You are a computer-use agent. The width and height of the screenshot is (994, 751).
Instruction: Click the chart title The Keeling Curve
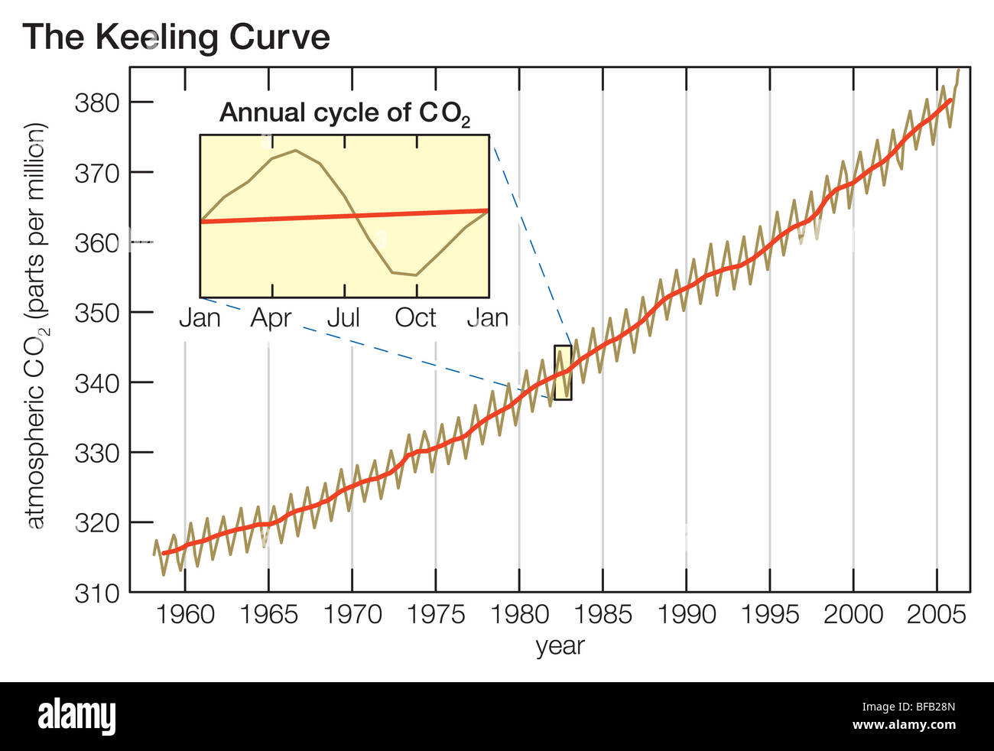(177, 37)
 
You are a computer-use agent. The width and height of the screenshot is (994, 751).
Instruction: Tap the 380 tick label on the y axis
(97, 102)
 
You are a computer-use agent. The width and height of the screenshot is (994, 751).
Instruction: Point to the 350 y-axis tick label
(97, 313)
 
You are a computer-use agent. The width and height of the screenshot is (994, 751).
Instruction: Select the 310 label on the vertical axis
(97, 593)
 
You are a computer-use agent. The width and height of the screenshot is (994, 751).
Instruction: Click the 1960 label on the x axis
(186, 614)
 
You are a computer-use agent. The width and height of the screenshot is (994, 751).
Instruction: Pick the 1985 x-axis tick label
(603, 614)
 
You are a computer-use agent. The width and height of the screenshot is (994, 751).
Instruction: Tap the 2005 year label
(936, 614)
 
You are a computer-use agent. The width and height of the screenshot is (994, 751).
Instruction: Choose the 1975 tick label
(436, 614)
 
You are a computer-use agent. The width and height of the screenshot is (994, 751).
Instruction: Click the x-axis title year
(560, 645)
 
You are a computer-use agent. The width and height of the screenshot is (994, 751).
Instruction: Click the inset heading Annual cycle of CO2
(344, 113)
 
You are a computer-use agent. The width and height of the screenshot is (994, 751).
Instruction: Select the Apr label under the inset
(271, 317)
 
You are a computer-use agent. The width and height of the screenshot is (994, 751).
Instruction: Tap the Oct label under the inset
(415, 317)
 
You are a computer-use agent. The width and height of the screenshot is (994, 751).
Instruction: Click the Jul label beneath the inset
(343, 317)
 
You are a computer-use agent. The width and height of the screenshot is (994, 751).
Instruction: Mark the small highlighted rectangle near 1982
(563, 372)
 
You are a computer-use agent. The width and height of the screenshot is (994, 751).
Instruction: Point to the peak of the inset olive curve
(295, 151)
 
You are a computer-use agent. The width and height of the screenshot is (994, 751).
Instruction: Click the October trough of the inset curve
(415, 275)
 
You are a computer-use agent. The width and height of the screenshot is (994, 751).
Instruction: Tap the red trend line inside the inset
(344, 216)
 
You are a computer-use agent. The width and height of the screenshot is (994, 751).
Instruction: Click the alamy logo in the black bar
(76, 717)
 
